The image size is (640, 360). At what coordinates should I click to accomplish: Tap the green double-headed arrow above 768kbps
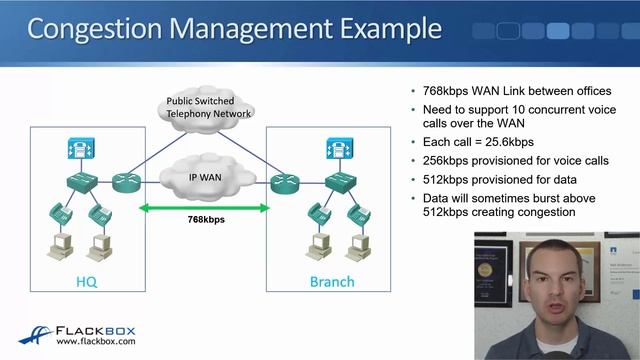(204, 208)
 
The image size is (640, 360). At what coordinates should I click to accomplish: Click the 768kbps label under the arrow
(204, 221)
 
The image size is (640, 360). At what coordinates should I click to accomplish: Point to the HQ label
(87, 282)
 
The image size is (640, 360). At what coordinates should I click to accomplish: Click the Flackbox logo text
(96, 331)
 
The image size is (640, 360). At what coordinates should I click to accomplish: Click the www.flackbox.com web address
(96, 344)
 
